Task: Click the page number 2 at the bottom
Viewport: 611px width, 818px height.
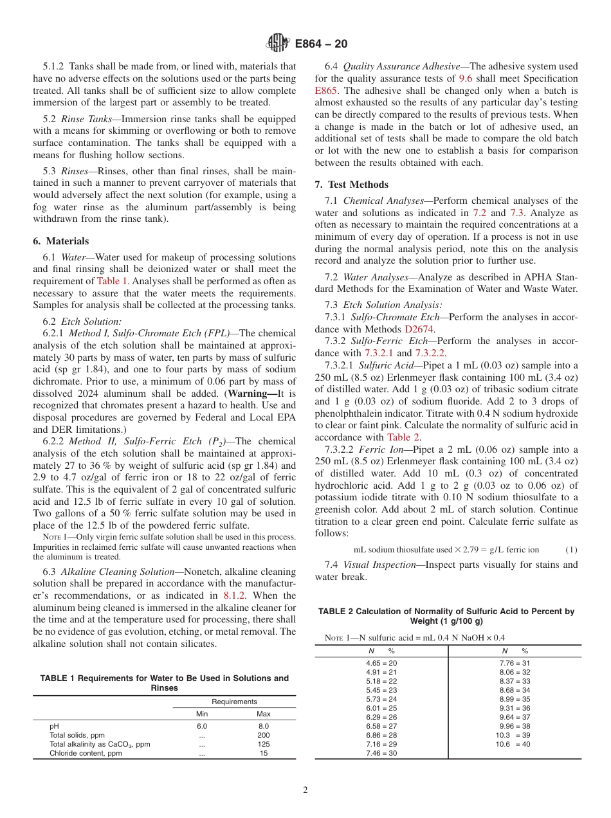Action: click(x=305, y=790)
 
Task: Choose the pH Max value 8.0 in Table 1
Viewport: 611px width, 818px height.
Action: click(x=263, y=726)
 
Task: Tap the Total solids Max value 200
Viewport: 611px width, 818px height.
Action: click(x=263, y=735)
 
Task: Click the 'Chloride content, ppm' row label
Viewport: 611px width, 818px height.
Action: click(x=86, y=753)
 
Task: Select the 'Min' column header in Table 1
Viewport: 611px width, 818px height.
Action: click(x=202, y=714)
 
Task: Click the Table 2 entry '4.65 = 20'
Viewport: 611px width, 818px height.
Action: click(x=381, y=662)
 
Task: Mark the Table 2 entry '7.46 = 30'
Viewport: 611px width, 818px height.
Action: click(x=381, y=753)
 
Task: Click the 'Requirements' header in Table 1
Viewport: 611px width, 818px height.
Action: click(x=234, y=702)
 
